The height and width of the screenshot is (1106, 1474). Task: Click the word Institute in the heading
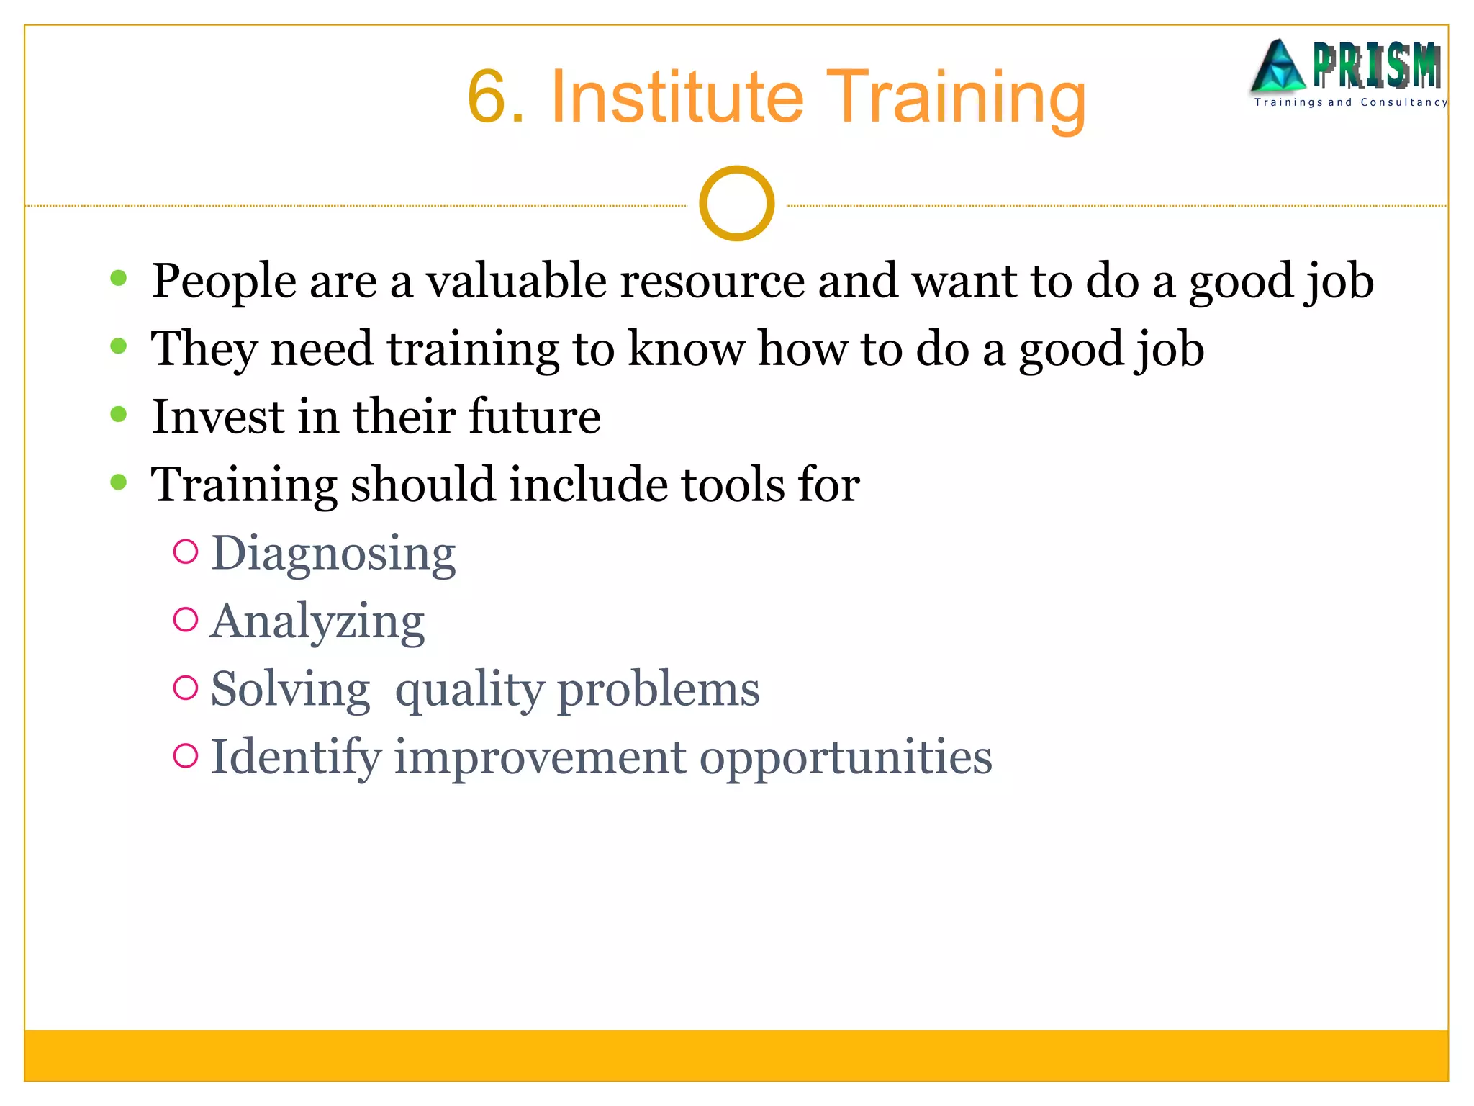pyautogui.click(x=676, y=97)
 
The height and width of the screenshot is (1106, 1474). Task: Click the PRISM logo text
pyautogui.click(x=1376, y=66)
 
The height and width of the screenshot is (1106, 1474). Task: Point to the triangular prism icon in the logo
pyautogui.click(x=1278, y=67)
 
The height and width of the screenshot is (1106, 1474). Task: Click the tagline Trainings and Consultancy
pyautogui.click(x=1350, y=102)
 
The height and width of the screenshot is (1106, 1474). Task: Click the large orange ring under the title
pyautogui.click(x=736, y=204)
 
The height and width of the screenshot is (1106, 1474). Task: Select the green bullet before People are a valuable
pyautogui.click(x=119, y=279)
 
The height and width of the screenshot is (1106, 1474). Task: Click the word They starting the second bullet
pyautogui.click(x=203, y=349)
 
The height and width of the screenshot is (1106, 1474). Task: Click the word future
pyautogui.click(x=534, y=416)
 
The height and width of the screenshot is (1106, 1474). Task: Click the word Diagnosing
pyautogui.click(x=333, y=553)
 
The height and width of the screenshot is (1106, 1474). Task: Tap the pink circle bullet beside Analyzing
pyautogui.click(x=186, y=620)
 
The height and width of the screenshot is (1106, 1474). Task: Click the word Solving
pyautogui.click(x=290, y=689)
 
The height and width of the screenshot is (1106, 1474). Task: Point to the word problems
pyautogui.click(x=658, y=689)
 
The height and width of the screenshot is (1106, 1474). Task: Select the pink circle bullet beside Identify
pyautogui.click(x=186, y=755)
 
